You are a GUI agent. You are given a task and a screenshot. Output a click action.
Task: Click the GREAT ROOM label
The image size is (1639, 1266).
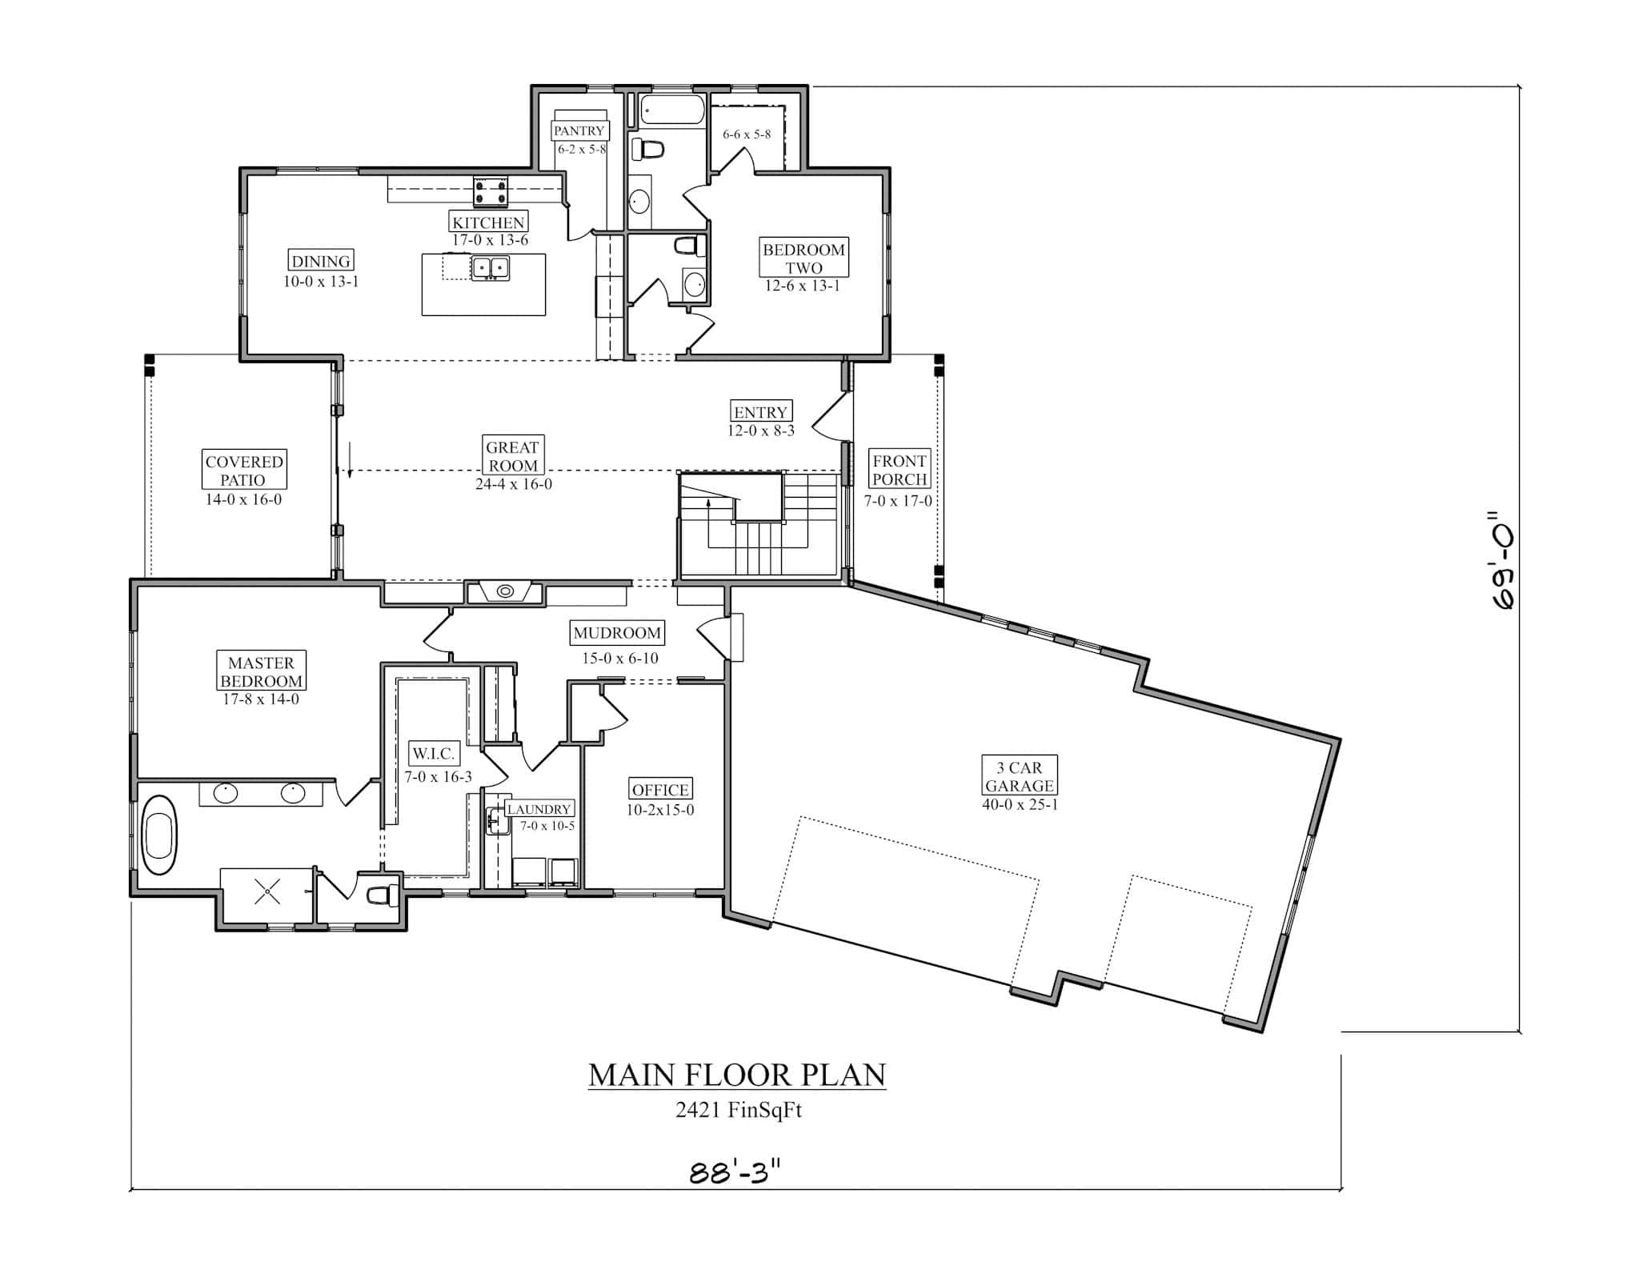coord(512,456)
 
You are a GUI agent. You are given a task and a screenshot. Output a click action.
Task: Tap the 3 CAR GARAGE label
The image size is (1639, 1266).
coord(1019,776)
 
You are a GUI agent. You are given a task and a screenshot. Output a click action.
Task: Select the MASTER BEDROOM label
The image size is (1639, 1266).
coord(261,671)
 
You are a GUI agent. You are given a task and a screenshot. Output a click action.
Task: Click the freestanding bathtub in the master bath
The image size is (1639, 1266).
coord(159,835)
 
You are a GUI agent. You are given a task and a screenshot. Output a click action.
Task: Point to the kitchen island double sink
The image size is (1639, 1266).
coord(490,266)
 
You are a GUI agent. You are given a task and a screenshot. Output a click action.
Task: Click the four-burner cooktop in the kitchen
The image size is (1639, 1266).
coord(490,192)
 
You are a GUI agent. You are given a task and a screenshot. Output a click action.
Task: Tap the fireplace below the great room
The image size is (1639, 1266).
coord(505,592)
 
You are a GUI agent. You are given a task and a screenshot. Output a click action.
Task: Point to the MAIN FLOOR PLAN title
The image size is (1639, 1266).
coord(737,1075)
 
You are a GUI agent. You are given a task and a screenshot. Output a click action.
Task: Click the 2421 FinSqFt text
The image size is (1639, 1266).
coord(738,1111)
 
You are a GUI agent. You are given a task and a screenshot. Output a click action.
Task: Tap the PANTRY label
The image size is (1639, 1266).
coord(579,130)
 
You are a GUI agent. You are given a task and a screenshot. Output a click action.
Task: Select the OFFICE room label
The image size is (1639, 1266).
coord(660,790)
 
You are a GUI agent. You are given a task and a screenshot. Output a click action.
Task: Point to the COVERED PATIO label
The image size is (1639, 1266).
coord(243,471)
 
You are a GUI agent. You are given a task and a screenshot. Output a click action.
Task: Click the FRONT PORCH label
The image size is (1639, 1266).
coord(900,470)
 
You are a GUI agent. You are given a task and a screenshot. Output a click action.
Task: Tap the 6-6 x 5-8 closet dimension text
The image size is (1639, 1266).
coord(746,134)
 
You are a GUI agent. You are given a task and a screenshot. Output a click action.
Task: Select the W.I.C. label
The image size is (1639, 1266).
coord(433,753)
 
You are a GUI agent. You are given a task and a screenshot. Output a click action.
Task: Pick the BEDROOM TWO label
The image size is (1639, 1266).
coord(803,258)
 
